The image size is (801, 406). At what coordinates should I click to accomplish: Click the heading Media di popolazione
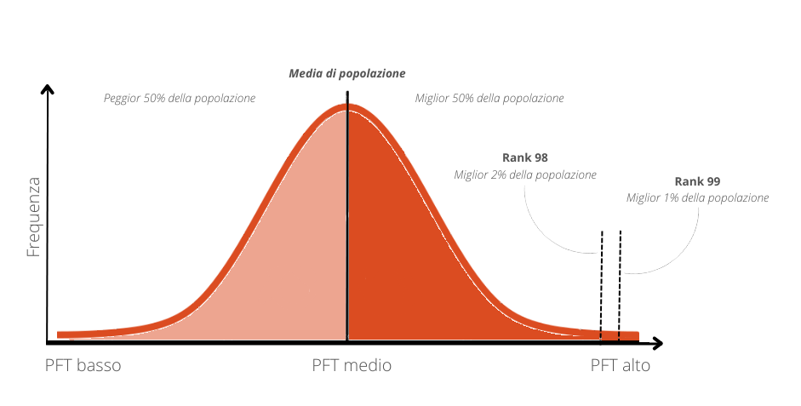[347, 74]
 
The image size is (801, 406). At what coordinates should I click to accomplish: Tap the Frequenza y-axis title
[34, 217]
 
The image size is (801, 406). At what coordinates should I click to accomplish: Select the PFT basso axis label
[83, 366]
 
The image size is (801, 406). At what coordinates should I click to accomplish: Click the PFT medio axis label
[352, 366]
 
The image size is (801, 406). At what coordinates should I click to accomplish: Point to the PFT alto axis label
[620, 366]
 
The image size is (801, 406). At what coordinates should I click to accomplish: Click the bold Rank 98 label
[525, 158]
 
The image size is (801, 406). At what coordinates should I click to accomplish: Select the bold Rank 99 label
[697, 181]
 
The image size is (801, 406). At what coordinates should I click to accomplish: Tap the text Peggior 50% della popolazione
[180, 99]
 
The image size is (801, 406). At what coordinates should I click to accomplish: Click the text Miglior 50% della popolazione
[489, 99]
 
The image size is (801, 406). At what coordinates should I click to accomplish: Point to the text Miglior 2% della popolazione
[525, 175]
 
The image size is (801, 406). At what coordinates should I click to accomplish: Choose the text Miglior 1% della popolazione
[697, 198]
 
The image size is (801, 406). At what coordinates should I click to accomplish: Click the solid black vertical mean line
[346, 213]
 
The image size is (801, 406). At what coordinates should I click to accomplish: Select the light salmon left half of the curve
[281, 255]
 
